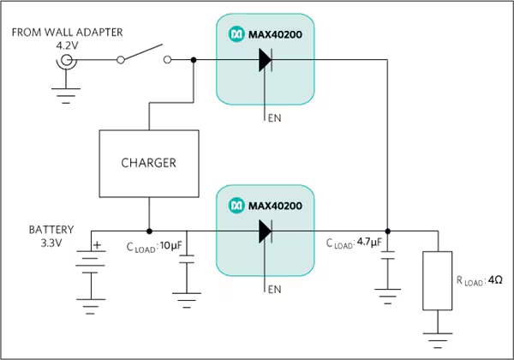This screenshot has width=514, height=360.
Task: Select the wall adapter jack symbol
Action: pyautogui.click(x=67, y=60)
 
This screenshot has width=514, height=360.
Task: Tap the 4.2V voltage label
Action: pyautogui.click(x=67, y=45)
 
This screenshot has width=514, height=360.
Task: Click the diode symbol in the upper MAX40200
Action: pyautogui.click(x=266, y=60)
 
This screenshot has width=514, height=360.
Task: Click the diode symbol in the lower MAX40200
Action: pyautogui.click(x=266, y=231)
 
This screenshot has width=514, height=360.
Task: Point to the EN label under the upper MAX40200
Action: pyautogui.click(x=274, y=118)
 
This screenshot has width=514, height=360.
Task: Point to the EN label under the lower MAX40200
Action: pyautogui.click(x=274, y=290)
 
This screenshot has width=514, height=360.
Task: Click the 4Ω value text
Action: pyautogui.click(x=495, y=280)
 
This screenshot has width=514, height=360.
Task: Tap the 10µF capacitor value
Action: pyautogui.click(x=170, y=246)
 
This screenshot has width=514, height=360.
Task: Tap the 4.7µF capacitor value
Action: pyautogui.click(x=369, y=242)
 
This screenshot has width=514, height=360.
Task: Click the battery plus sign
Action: pyautogui.click(x=98, y=245)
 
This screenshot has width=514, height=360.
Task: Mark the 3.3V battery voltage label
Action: pyautogui.click(x=51, y=243)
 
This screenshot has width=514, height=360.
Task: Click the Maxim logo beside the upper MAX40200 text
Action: pyautogui.click(x=236, y=34)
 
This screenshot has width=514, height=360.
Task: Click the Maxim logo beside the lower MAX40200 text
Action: pyautogui.click(x=236, y=206)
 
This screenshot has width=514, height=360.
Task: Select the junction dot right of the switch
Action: pyautogui.click(x=194, y=60)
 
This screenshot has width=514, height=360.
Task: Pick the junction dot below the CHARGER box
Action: pyautogui.click(x=149, y=231)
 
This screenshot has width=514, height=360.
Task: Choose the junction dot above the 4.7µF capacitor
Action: pyautogui.click(x=388, y=231)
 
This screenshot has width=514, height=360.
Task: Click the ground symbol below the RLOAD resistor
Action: pyautogui.click(x=438, y=340)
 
